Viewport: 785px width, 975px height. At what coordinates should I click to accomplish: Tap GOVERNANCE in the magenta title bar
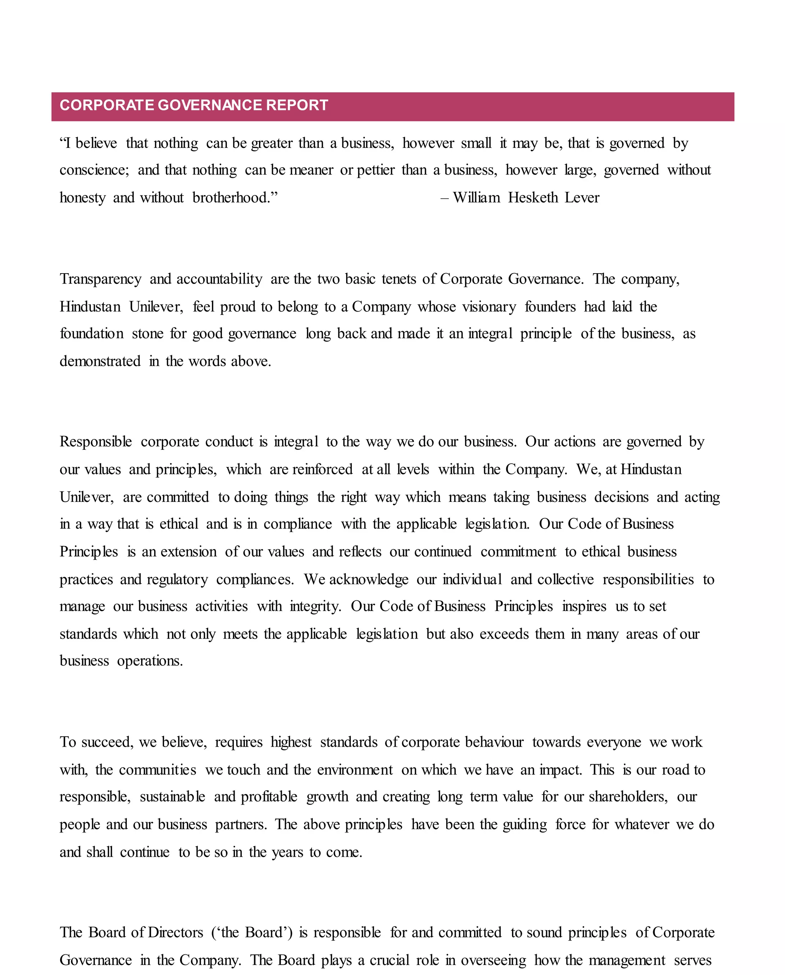(x=210, y=105)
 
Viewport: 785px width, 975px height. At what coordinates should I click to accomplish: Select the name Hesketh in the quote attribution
(x=533, y=198)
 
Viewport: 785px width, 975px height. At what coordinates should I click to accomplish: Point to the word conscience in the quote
(x=94, y=170)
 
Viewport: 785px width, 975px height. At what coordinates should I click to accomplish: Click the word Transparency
(x=100, y=279)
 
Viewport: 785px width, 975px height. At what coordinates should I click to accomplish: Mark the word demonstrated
(x=100, y=361)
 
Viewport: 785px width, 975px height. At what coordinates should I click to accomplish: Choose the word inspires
(x=584, y=606)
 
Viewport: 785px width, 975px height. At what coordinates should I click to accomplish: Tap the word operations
(x=150, y=661)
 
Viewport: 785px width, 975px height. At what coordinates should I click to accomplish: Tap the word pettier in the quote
(x=376, y=170)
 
